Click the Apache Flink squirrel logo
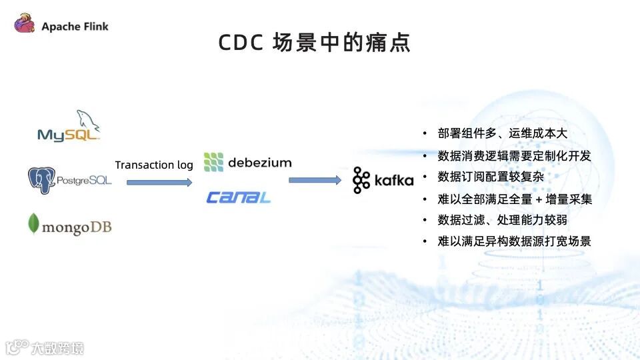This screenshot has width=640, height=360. tap(24, 25)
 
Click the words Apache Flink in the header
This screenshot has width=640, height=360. tap(75, 27)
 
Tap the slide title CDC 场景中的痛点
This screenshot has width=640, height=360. tap(315, 43)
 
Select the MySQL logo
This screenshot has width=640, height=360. tap(69, 127)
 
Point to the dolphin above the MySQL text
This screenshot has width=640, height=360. tap(87, 120)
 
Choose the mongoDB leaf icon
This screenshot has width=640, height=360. tap(33, 225)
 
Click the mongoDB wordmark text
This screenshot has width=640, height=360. tap(77, 227)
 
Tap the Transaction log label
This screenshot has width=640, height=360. tap(154, 165)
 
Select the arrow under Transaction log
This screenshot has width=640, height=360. tap(155, 181)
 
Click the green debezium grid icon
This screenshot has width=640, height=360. tap(213, 162)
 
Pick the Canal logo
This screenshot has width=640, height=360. tap(238, 197)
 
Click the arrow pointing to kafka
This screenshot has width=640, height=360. tap(315, 180)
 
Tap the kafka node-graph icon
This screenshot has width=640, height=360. tap(361, 180)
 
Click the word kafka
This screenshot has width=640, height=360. tap(393, 181)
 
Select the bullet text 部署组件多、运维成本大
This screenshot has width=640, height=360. tap(502, 133)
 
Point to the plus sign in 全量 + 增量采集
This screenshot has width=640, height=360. tap(539, 199)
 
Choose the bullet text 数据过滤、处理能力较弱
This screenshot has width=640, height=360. tap(503, 220)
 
